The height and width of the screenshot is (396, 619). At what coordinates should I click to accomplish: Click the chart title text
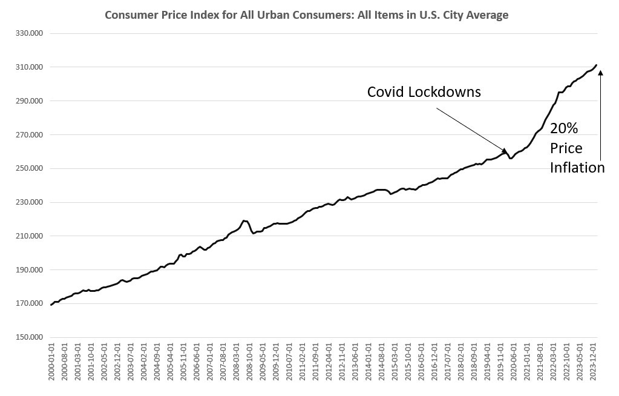coord(306,15)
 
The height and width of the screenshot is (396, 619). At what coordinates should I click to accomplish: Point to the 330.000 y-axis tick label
coord(29,33)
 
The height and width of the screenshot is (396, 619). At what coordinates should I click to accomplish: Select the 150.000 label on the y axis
coord(29,337)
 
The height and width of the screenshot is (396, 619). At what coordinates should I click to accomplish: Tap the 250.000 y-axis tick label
coord(29,168)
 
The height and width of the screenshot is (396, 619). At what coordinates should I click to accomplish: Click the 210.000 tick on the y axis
coord(29,236)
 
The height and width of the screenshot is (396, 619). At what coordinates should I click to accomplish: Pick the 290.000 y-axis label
coord(29,101)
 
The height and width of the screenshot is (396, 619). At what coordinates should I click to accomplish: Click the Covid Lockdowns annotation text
coord(424,92)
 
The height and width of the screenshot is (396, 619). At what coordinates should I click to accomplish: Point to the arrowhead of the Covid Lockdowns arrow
coord(506,150)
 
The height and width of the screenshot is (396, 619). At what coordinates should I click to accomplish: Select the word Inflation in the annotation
coord(577,168)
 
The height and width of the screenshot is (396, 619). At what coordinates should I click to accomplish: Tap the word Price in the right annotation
coord(566,148)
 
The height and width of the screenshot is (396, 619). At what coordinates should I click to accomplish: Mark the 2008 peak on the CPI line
coord(243,220)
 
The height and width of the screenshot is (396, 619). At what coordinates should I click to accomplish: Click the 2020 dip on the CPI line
coord(511,159)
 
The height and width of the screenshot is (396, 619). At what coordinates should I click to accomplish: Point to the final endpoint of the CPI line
coord(597,65)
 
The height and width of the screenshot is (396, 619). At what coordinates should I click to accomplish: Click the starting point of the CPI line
coord(51,305)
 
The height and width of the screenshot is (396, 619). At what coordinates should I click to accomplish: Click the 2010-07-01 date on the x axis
coord(289,363)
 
